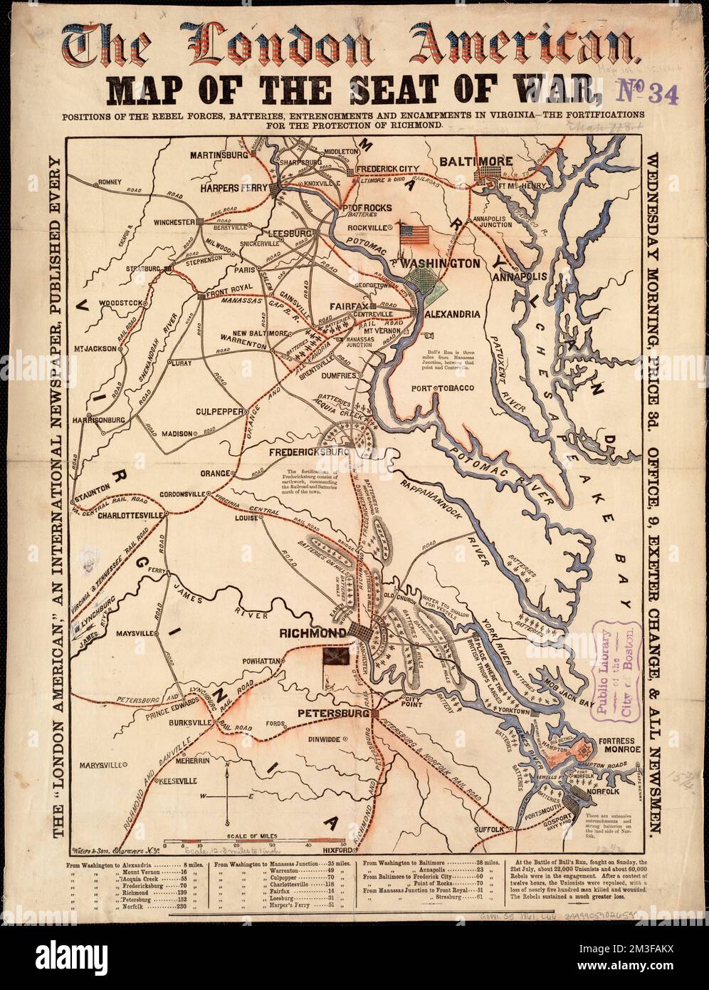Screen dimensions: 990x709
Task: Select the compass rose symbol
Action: [x=226, y=795]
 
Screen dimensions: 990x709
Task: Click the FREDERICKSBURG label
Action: [x=308, y=452]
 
